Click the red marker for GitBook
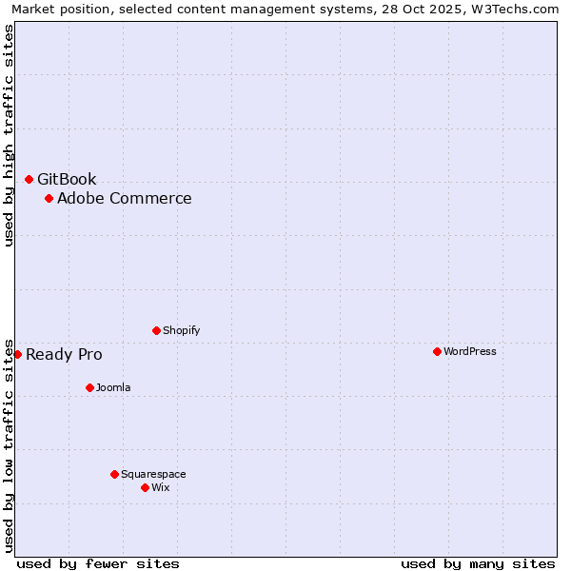29,179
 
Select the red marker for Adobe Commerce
49,198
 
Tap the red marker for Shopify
156,330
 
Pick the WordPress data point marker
437,351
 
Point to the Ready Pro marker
17,354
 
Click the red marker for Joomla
89,387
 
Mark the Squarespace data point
114,474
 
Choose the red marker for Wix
145,487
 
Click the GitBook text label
67,179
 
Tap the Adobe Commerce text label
124,198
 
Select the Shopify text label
181,330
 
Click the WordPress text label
469,351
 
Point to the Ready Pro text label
64,355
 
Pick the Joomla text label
113,387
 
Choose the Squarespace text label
153,474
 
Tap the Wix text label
160,487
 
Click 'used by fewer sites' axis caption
98,563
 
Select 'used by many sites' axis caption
478,563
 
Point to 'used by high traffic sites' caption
10,135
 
